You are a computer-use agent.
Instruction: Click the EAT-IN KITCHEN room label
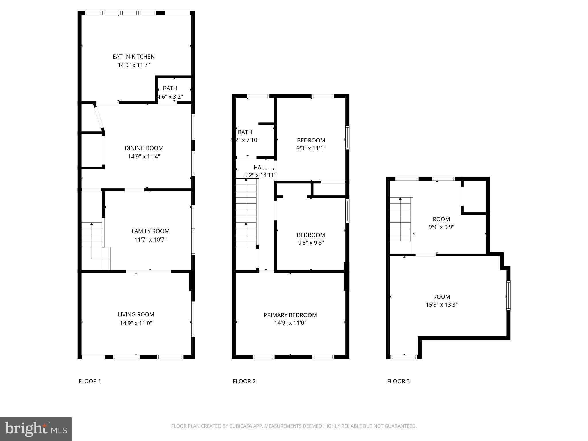(134, 57)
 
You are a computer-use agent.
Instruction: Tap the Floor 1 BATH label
(170, 88)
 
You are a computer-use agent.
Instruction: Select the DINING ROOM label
(144, 148)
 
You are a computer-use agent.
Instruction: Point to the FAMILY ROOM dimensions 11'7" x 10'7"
(150, 239)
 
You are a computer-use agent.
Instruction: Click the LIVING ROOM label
(136, 314)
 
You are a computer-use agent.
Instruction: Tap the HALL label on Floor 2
(260, 167)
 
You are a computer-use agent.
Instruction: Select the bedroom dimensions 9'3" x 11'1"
(311, 148)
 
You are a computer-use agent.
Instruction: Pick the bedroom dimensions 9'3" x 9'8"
(311, 243)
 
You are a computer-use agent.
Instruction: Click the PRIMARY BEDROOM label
(290, 315)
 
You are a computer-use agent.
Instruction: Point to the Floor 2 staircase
(246, 212)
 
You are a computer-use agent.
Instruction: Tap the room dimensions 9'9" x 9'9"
(441, 227)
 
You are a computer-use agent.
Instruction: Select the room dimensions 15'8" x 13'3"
(441, 305)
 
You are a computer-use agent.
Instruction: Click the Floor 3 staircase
(400, 220)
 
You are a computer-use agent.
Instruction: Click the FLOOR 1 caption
(90, 381)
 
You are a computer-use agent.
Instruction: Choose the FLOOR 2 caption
(244, 381)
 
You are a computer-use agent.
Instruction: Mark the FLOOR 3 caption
(398, 381)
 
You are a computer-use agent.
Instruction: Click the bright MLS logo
(36, 429)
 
